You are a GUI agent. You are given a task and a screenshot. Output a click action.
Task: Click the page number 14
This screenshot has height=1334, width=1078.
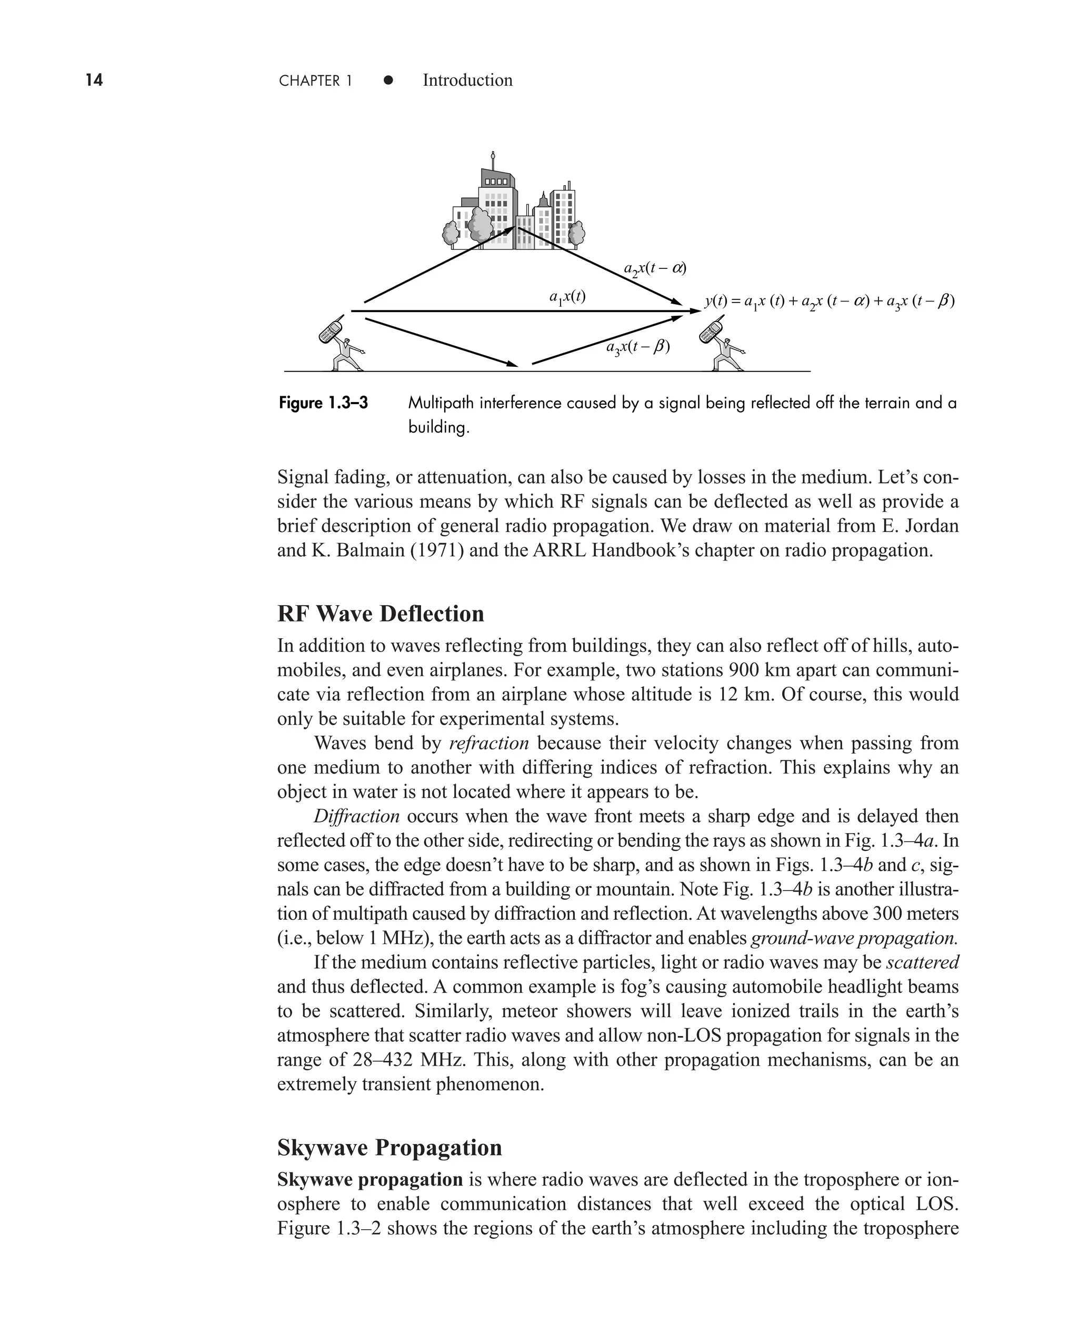click(94, 80)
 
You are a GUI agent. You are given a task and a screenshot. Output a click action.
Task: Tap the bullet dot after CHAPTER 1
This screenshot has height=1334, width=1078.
click(388, 80)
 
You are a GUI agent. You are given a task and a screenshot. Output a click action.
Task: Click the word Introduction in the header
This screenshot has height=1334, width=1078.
click(467, 80)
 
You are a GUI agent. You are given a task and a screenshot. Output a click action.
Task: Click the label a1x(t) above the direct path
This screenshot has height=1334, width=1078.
click(567, 297)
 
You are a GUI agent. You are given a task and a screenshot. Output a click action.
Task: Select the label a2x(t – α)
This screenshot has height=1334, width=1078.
click(654, 269)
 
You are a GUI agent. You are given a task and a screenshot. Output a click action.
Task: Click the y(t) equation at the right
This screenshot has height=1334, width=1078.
click(829, 302)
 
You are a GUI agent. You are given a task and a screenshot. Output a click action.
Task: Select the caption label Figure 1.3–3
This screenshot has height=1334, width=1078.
click(323, 404)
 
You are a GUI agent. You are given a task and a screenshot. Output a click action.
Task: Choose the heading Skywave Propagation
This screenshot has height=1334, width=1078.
click(390, 1148)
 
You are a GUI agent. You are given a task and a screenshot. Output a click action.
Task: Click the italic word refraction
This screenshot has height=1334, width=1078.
click(488, 743)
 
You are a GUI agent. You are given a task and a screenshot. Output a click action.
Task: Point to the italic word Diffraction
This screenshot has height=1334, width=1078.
click(356, 816)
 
